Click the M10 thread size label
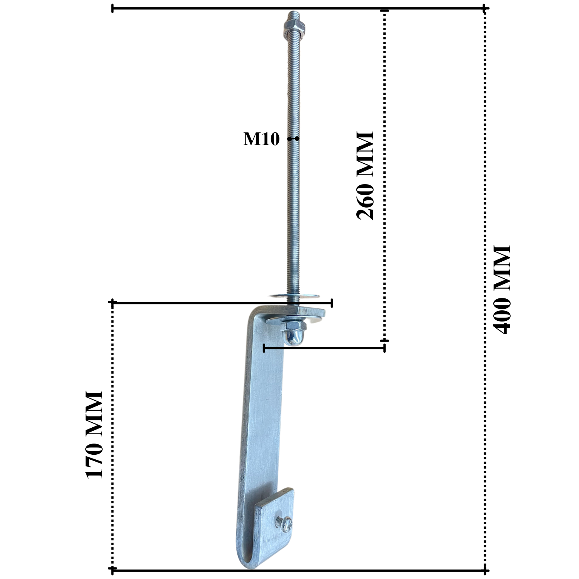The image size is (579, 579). [261, 139]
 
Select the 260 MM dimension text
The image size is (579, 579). [365, 176]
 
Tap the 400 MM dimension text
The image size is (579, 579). [502, 289]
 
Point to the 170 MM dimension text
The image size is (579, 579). [94, 435]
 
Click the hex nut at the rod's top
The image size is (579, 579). [294, 26]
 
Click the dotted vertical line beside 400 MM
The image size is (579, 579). [485, 154]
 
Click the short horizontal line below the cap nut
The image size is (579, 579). [324, 348]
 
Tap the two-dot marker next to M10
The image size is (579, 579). [293, 139]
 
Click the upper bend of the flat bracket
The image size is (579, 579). [257, 313]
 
